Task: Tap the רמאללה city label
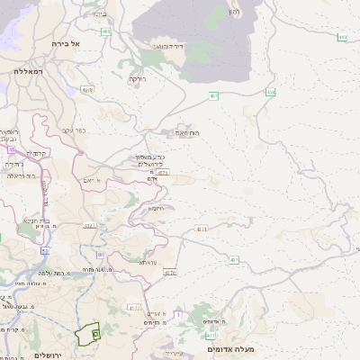point(29,69)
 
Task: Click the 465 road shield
point(106,31)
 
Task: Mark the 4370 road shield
point(170,272)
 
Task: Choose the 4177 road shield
point(134,307)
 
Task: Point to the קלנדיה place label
point(35,152)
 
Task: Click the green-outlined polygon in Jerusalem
point(88,335)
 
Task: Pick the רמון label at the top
point(234,12)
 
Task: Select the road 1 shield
point(178,314)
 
